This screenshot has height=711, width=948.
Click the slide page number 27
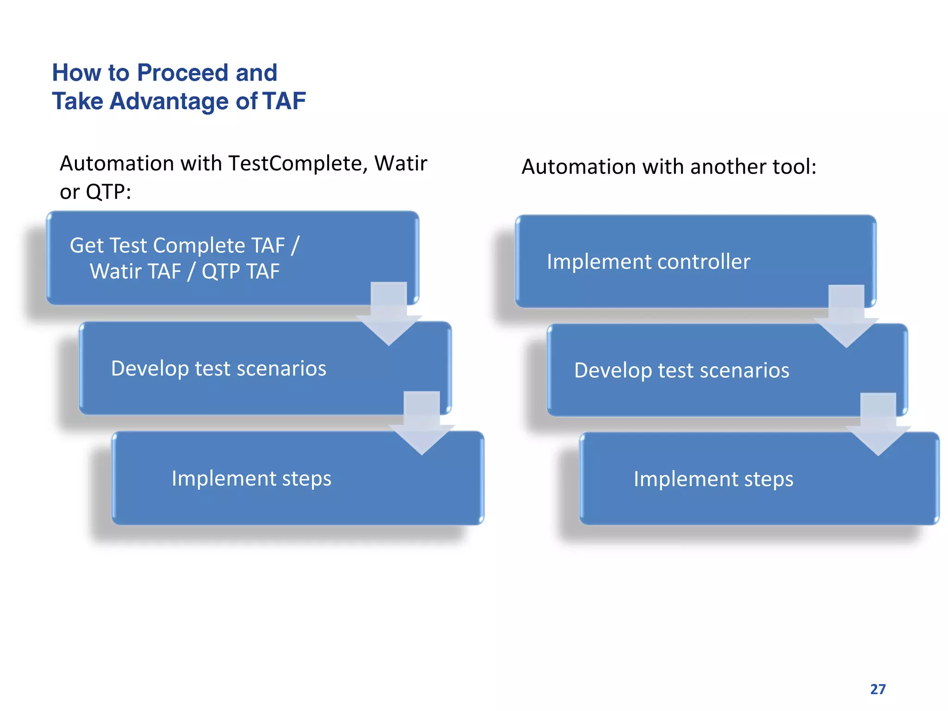[878, 689]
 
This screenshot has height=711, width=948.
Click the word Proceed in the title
[183, 73]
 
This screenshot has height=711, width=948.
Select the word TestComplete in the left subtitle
[298, 164]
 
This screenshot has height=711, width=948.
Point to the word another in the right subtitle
[733, 167]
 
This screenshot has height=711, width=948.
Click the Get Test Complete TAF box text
[185, 245]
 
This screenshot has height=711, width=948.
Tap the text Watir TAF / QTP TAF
[185, 272]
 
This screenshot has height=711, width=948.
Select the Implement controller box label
[648, 262]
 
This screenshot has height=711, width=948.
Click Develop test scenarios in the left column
[218, 369]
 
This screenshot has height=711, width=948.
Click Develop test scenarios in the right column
[681, 371]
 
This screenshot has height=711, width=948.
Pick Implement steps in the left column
[251, 479]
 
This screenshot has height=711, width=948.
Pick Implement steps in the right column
[713, 480]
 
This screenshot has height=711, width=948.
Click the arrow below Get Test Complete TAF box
[389, 315]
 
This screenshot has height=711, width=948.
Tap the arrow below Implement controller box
[846, 318]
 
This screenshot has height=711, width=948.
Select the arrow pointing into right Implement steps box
[878, 425]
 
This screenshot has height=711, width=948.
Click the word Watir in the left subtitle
[400, 164]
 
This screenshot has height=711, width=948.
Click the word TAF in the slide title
[284, 101]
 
